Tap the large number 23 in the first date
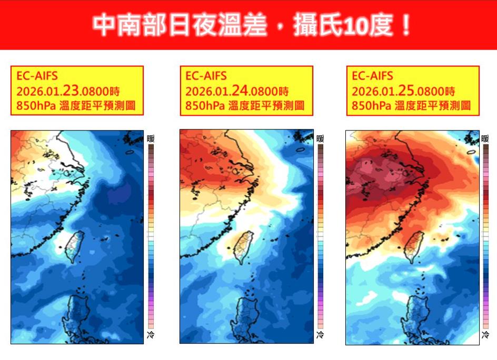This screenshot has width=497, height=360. tap(72, 90)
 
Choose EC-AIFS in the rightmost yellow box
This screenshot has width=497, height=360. tap(372, 76)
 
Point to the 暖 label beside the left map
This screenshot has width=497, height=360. tap(151, 139)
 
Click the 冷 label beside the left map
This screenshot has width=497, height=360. tap(151, 335)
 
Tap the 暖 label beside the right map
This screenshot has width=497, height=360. tap(485, 139)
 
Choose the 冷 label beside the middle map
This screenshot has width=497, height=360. tap(320, 335)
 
